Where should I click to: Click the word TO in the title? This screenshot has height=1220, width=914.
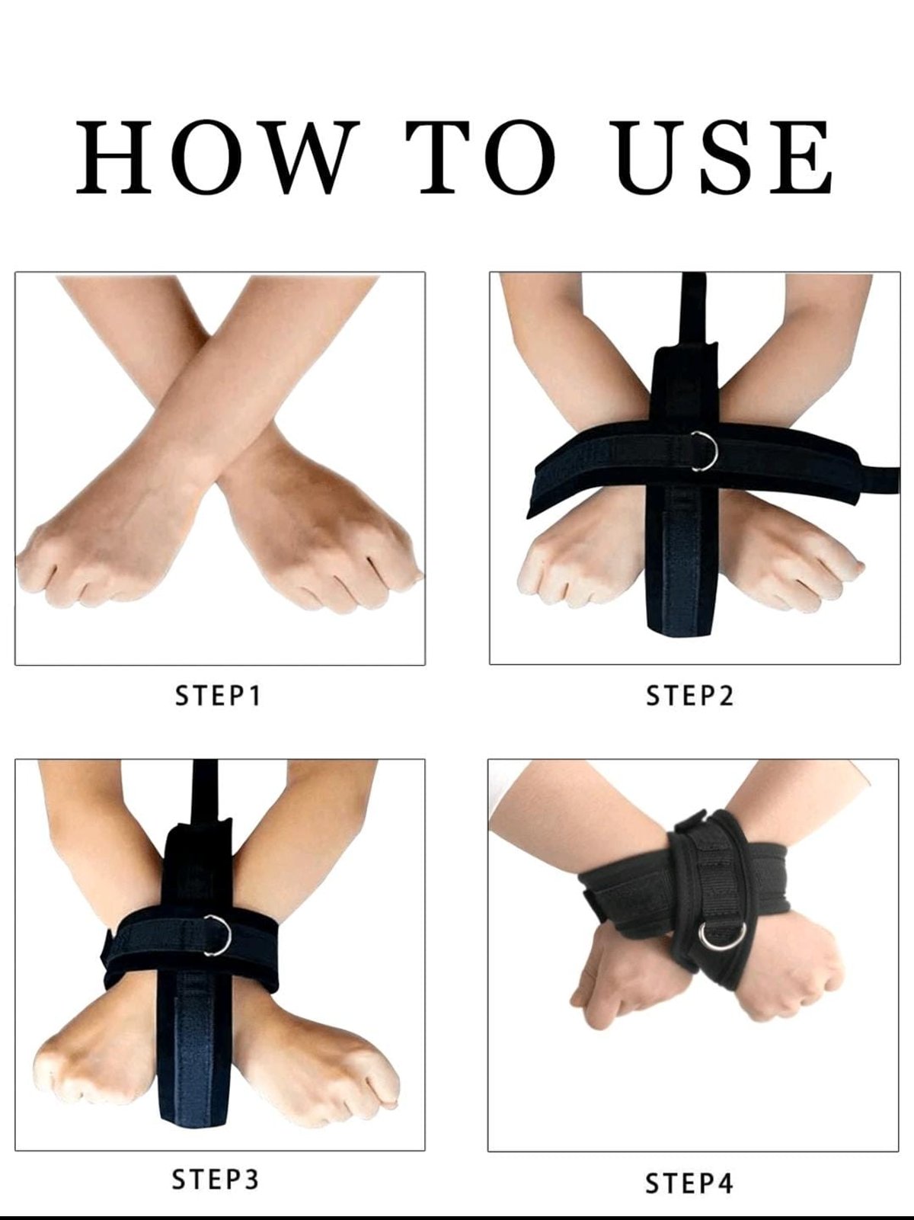tap(481, 157)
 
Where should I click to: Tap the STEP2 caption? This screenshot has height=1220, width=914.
tap(689, 695)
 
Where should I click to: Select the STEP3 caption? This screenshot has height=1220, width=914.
tap(215, 1179)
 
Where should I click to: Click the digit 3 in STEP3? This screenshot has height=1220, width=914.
tap(251, 1179)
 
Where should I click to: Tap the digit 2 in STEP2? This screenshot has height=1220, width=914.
tap(726, 695)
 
